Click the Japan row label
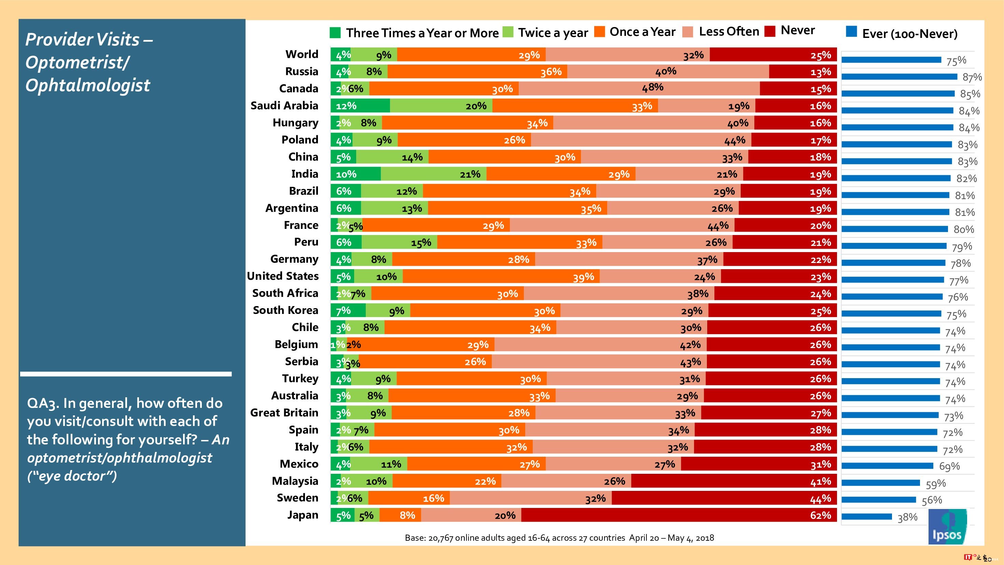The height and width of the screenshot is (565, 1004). pyautogui.click(x=303, y=515)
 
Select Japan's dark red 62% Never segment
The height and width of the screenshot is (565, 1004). pyautogui.click(x=679, y=515)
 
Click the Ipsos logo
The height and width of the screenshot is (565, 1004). pyautogui.click(x=947, y=527)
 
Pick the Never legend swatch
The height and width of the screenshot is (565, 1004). pyautogui.click(x=770, y=31)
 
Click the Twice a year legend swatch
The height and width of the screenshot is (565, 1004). pyautogui.click(x=508, y=32)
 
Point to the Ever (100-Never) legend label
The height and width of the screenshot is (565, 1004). pyautogui.click(x=909, y=34)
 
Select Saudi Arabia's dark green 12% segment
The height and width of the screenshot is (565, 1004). pyautogui.click(x=360, y=106)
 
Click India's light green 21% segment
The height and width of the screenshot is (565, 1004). pyautogui.click(x=433, y=174)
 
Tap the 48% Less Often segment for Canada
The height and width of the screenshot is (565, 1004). pyautogui.click(x=639, y=88)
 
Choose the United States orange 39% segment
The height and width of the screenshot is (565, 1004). pyautogui.click(x=501, y=276)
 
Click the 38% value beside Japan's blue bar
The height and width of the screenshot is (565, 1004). pyautogui.click(x=907, y=518)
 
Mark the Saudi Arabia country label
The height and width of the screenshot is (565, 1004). pyautogui.click(x=284, y=106)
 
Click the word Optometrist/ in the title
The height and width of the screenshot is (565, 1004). pyautogui.click(x=77, y=63)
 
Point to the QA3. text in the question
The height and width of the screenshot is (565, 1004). pyautogui.click(x=43, y=403)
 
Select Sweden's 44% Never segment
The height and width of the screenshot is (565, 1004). pyautogui.click(x=724, y=498)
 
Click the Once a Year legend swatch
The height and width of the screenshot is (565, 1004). pyautogui.click(x=599, y=31)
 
